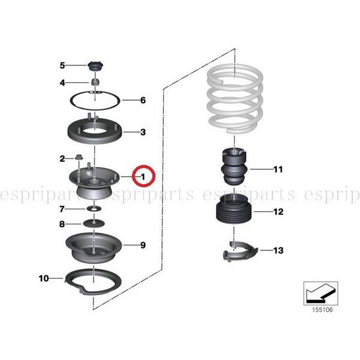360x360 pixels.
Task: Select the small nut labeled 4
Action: (94, 82)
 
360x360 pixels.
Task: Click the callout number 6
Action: (143, 100)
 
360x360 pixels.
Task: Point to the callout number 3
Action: (143, 132)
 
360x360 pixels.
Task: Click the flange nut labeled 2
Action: (79, 158)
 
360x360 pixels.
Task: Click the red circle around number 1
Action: (143, 177)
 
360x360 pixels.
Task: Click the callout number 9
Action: (143, 245)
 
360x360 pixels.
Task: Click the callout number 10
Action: (43, 278)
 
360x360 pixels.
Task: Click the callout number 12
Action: (278, 212)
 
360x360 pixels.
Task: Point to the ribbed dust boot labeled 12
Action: (232, 213)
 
